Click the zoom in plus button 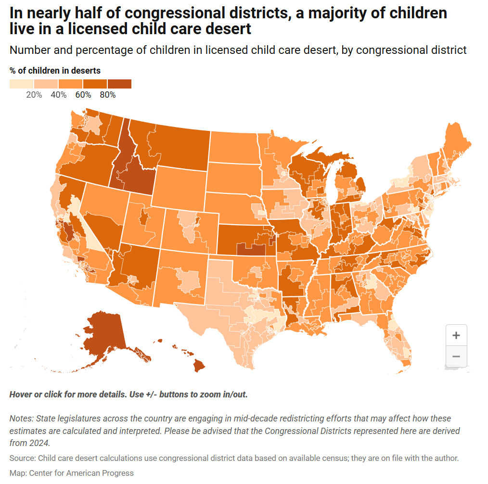coord(456,335)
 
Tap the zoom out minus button coord(456,357)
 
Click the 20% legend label coord(34,95)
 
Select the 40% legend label coord(59,95)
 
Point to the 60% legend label coord(83,95)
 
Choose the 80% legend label coord(108,95)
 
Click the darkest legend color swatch coord(119,84)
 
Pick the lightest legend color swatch coord(21,84)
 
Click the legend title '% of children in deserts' coord(55,71)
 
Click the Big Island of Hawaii coord(199,365)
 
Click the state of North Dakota coord(234,147)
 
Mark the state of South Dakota coord(233,178)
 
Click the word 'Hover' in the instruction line coord(21,395)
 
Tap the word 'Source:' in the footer coord(23,458)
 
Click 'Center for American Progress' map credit coord(81,473)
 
